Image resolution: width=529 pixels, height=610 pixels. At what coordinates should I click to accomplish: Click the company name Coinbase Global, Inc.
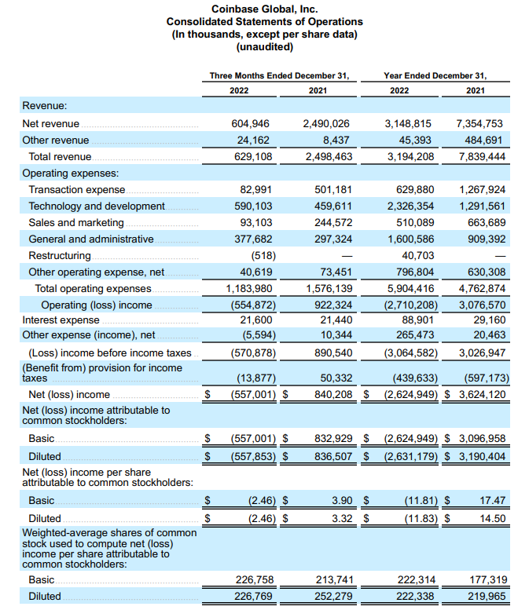[x=264, y=9]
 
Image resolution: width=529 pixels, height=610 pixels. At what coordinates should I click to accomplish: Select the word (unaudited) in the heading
[x=264, y=47]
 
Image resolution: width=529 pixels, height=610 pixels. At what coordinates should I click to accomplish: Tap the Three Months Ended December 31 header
[x=279, y=76]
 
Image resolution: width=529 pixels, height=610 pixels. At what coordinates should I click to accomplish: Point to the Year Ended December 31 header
[x=435, y=76]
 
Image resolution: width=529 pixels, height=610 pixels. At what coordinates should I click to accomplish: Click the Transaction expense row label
[x=77, y=189]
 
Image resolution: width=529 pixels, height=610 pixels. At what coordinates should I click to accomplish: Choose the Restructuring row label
[x=60, y=256]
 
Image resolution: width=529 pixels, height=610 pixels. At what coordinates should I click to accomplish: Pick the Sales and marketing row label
[x=76, y=222]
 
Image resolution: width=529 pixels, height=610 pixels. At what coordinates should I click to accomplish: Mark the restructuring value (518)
[x=262, y=256]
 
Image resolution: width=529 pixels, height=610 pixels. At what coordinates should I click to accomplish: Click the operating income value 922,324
[x=330, y=304]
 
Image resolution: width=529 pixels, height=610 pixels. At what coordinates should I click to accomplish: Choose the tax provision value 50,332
[x=332, y=378]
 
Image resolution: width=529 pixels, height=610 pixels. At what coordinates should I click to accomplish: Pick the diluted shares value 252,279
[x=330, y=596]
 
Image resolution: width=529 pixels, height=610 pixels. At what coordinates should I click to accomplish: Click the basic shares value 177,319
[x=486, y=580]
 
